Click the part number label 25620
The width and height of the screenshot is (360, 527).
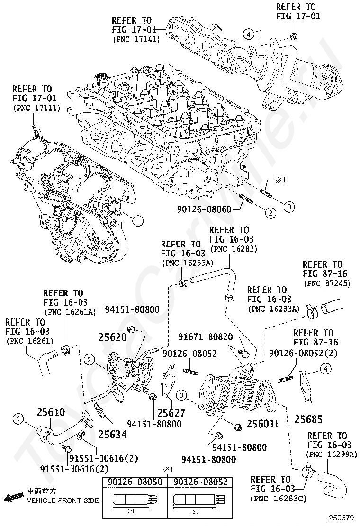pyautogui.click(x=112, y=337)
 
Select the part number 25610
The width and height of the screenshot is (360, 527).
pyautogui.click(x=51, y=412)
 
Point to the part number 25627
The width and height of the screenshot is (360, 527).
pyautogui.click(x=171, y=413)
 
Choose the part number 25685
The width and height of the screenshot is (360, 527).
pyautogui.click(x=308, y=419)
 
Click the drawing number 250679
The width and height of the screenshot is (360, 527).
pyautogui.click(x=342, y=518)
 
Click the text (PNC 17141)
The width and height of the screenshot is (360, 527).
pyautogui.click(x=136, y=40)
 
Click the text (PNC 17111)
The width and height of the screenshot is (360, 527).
pyautogui.click(x=32, y=108)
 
